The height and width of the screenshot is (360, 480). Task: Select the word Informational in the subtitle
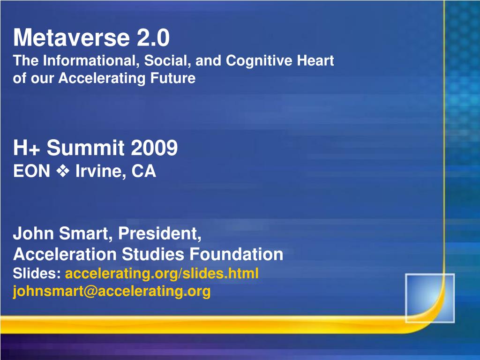pyautogui.click(x=92, y=61)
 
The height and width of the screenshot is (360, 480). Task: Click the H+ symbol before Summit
pyautogui.click(x=27, y=149)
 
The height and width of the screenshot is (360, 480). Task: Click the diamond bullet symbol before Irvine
pyautogui.click(x=62, y=172)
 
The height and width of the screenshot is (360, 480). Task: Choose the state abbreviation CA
pyautogui.click(x=143, y=172)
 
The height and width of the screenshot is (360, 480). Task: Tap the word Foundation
pyautogui.click(x=236, y=255)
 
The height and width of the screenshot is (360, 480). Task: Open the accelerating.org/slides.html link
pyautogui.click(x=162, y=273)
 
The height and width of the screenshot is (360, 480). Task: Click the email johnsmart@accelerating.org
pyautogui.click(x=112, y=292)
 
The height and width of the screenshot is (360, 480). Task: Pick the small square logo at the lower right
pyautogui.click(x=429, y=298)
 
